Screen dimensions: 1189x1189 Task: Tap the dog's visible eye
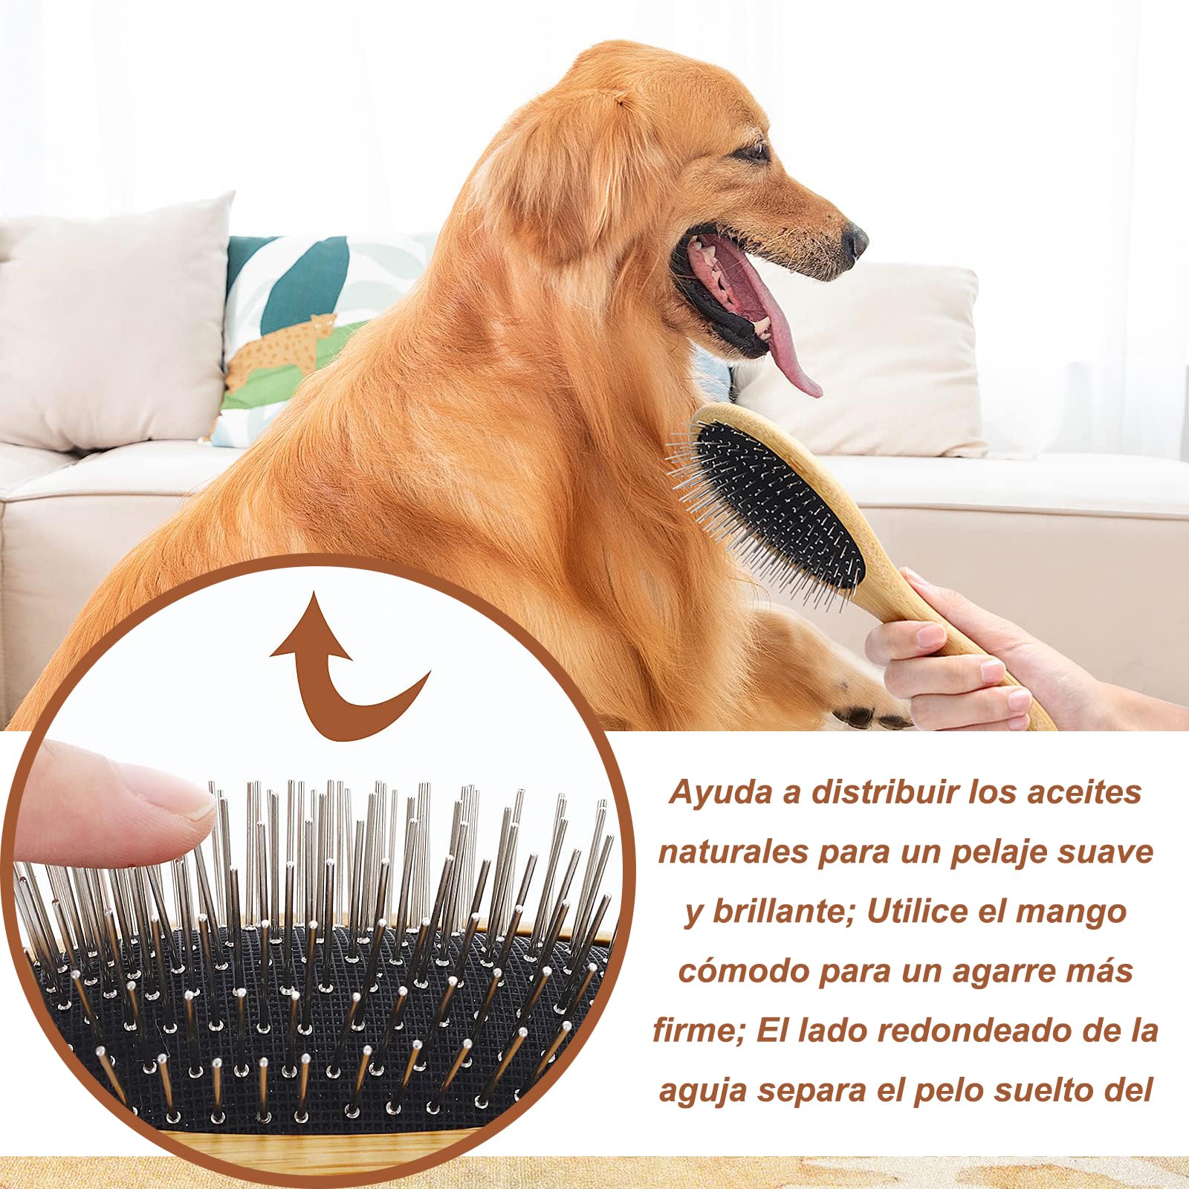tap(752, 152)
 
